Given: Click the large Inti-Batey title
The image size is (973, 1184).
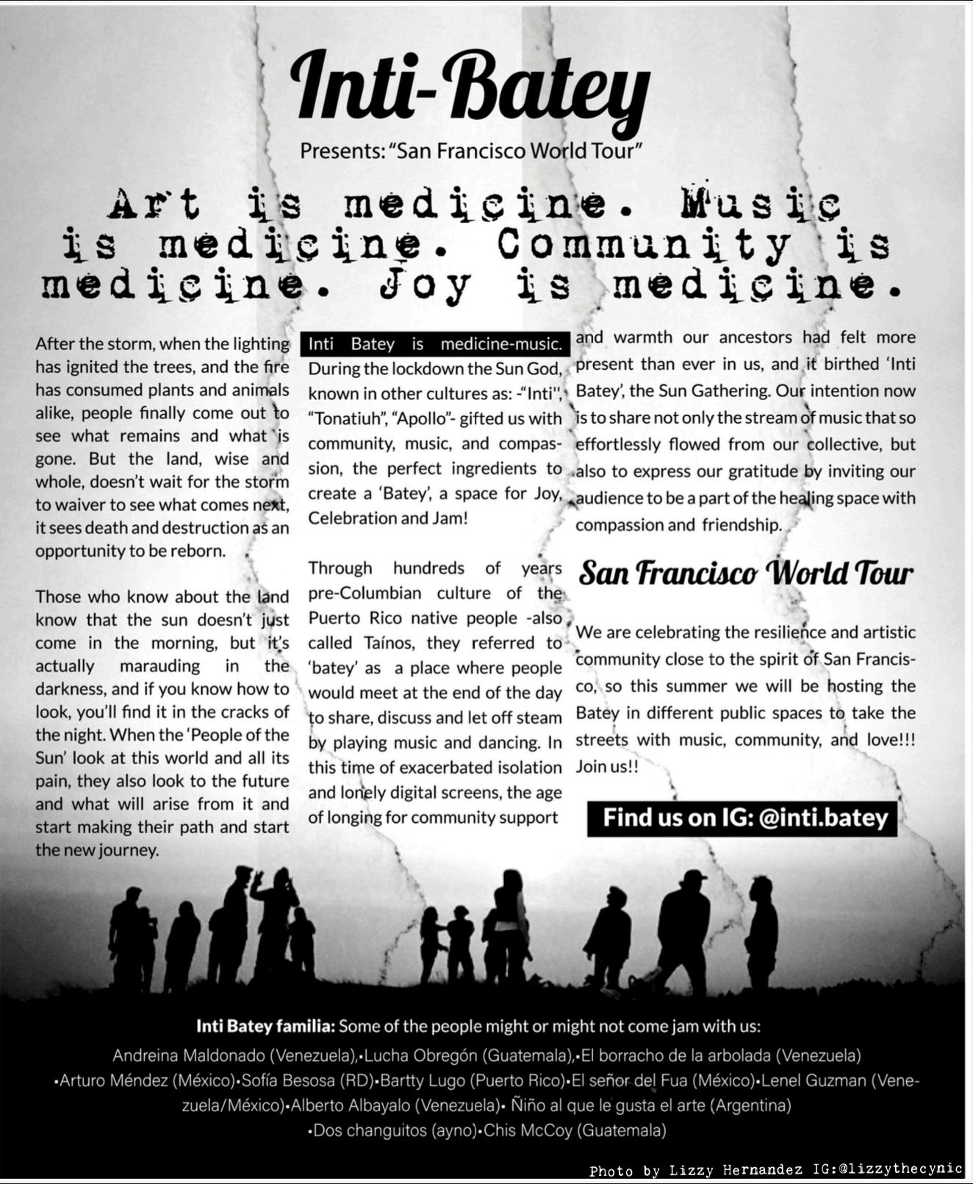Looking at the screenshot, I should coord(470,90).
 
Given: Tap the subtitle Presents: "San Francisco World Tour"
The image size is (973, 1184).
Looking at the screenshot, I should coord(471,151).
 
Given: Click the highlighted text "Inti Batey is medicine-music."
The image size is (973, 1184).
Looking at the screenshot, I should coord(435,343).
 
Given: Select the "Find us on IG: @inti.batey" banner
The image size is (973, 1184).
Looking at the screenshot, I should coord(742,818).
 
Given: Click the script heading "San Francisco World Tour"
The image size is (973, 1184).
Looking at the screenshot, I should coord(745,574).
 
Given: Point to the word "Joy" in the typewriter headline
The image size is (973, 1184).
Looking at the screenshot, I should coord(425,285).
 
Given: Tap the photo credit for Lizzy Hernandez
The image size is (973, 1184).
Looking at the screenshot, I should coord(775,1170).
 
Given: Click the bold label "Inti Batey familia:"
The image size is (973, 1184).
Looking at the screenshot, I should coord(265,1026).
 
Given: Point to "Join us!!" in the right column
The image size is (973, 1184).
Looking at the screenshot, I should coord(607,766).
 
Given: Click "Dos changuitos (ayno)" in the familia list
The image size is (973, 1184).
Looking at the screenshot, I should coord(394,1130).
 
